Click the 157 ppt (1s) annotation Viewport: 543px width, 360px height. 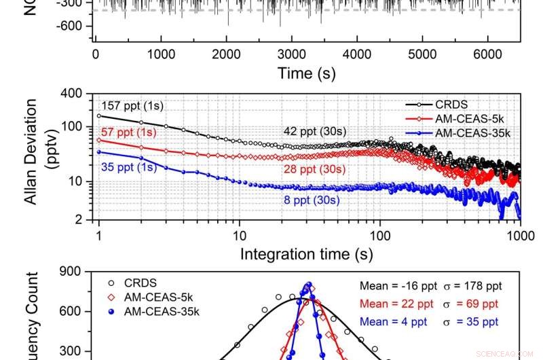point(132,106)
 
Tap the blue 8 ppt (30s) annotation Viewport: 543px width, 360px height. point(312,200)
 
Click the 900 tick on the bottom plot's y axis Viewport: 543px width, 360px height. point(71,272)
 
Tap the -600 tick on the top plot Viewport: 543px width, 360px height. point(69,26)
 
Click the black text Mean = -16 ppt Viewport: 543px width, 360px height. point(392,287)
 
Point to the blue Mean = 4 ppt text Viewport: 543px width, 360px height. point(390,319)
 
